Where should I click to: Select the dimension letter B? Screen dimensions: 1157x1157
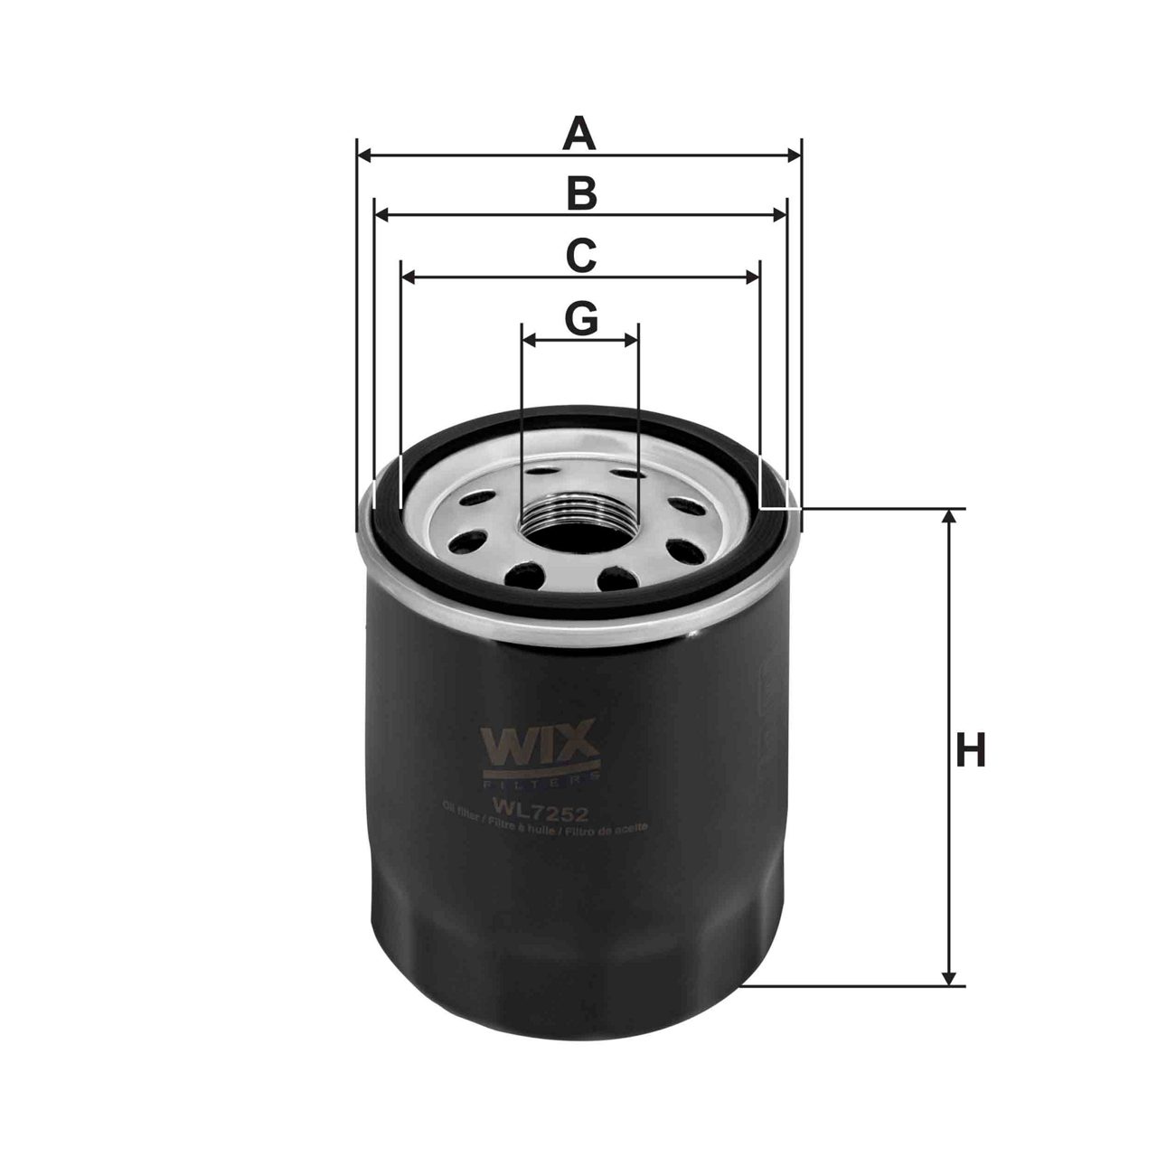(x=581, y=194)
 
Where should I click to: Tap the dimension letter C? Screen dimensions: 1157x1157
(x=580, y=256)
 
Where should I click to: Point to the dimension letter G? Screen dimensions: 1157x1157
(x=581, y=318)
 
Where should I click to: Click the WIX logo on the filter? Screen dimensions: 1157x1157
(x=541, y=744)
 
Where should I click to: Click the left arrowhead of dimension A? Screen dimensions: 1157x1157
(x=364, y=156)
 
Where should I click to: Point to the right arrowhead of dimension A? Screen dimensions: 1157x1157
(x=795, y=156)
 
